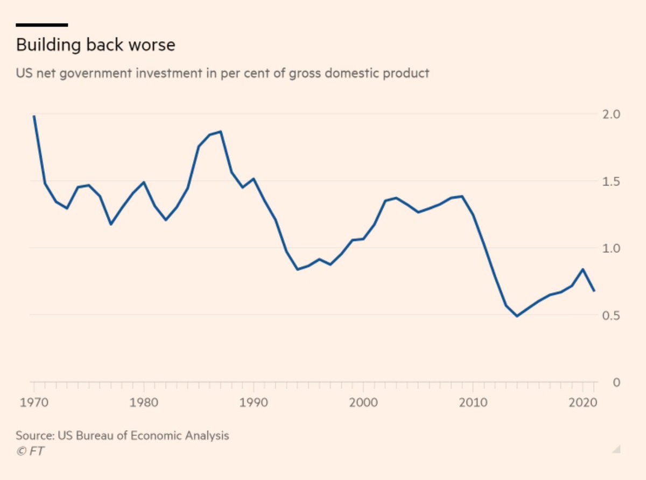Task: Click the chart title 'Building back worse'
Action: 95,45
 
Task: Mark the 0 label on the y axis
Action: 616,382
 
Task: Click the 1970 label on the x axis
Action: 33,402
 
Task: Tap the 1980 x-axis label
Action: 143,402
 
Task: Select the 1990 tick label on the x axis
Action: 253,402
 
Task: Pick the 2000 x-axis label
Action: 363,402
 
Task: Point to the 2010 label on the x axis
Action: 473,402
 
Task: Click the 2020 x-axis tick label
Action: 581,402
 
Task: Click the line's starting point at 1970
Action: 34,116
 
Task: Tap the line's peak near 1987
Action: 220,131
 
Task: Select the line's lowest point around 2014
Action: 517,316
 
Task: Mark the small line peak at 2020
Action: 582,269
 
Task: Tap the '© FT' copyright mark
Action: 30,451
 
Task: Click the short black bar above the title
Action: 42,25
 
